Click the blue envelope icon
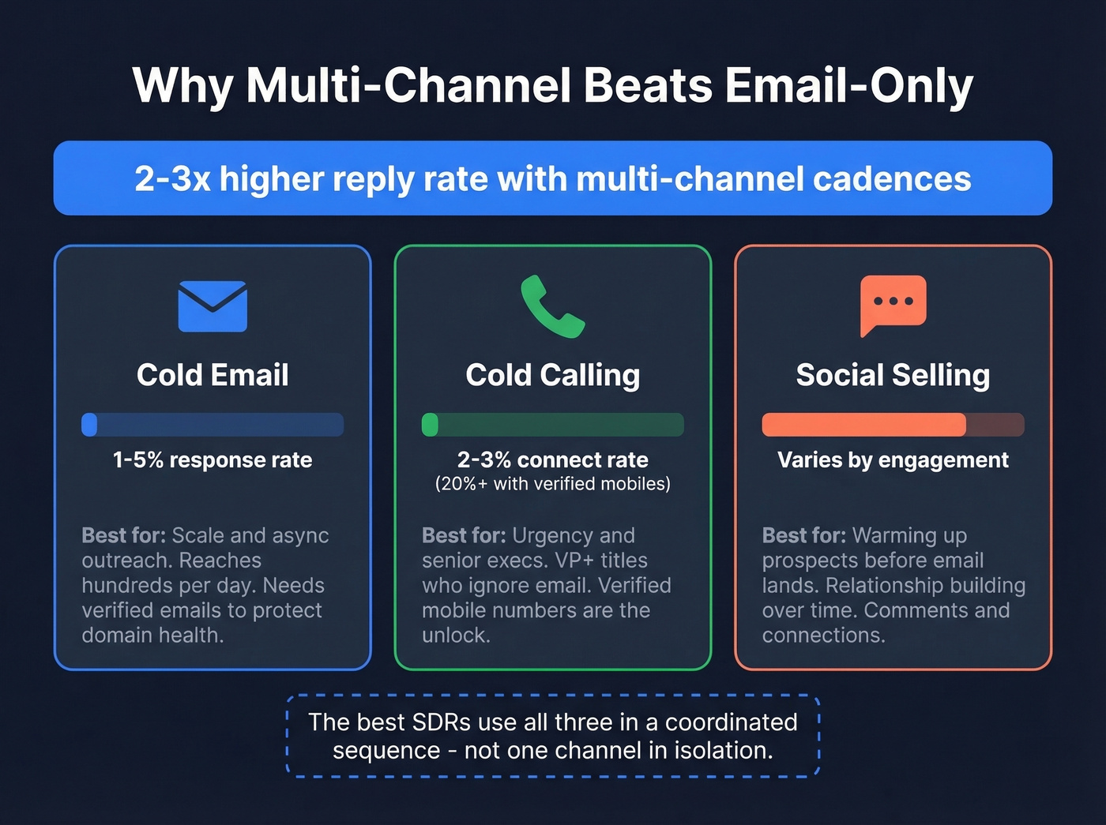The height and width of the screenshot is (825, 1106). coord(213,306)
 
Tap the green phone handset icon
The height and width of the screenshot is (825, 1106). coord(551,306)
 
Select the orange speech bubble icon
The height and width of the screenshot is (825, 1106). coord(893,304)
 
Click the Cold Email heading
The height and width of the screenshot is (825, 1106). coord(213,375)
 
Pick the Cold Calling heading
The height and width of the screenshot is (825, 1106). coord(552,375)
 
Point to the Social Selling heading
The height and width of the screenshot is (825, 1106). coord(893,375)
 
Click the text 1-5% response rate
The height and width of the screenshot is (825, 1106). coord(213,459)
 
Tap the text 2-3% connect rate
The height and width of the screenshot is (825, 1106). coord(552,459)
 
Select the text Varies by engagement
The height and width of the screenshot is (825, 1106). coord(893,459)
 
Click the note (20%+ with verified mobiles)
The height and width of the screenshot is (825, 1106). coord(552,484)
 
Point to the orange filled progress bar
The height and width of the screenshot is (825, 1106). coord(863,425)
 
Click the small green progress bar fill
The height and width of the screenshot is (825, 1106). coord(430,425)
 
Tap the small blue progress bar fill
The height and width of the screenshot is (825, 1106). coord(89,425)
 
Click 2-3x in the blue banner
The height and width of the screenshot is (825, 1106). coord(171,178)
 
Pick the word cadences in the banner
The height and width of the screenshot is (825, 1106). coord(892,178)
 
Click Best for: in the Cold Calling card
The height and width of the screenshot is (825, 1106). coord(463,535)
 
